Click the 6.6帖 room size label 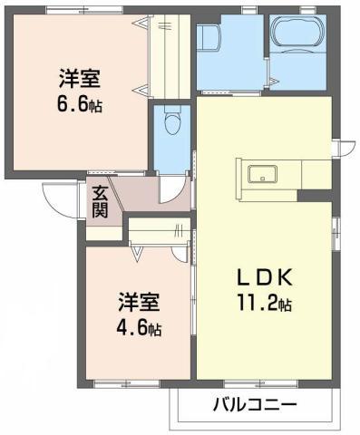click(80, 106)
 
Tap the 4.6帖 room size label click(139, 328)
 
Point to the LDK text click(265, 277)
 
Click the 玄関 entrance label click(100, 202)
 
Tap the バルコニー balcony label click(255, 404)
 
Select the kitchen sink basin click(262, 174)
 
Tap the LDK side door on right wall click(345, 148)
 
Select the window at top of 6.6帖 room click(84, 10)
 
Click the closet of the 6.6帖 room click(170, 56)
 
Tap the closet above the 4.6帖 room click(160, 229)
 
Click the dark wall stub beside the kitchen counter click(315, 196)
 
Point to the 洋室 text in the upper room click(80, 79)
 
